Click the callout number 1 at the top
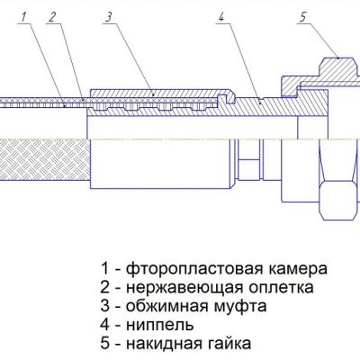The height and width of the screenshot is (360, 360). coord(24,17)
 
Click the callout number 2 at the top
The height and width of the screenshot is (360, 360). coord(52,17)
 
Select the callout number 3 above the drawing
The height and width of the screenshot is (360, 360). coord(108,17)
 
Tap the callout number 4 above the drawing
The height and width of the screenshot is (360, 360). coord(220,17)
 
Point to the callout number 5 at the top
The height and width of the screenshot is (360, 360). coord(302,17)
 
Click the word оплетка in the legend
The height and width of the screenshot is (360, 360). coord(282,288)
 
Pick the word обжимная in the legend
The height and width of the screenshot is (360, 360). coord(166,306)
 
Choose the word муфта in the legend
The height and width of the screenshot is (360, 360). coord(240,307)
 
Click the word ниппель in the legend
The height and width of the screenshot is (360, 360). coord(159,325)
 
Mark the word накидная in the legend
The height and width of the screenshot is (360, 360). coord(166,344)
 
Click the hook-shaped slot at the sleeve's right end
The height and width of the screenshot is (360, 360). coord(226,98)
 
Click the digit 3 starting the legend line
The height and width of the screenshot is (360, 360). coord(105,307)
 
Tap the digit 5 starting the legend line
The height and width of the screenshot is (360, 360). coord(105,344)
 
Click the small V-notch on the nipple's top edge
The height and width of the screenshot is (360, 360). coord(259,98)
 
